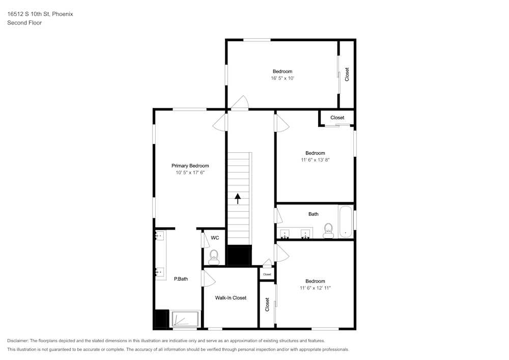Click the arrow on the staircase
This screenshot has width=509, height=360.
[238, 198]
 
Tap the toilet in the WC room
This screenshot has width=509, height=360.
[214, 256]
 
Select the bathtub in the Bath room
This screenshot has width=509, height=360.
[346, 221]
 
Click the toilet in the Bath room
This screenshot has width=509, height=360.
[328, 230]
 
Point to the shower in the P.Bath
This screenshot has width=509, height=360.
[185, 319]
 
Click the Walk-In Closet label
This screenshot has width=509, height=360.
[231, 298]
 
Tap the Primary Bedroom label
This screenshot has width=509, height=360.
[190, 165]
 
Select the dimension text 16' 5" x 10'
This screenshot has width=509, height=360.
[282, 78]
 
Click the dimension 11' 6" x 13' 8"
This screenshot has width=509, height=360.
[315, 160]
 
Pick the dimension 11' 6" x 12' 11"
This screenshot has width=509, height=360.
[315, 288]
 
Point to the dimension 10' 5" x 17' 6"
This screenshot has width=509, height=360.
[190, 173]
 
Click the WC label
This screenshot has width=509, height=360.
[215, 238]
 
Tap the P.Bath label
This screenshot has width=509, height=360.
[181, 279]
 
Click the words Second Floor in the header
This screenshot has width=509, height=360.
[24, 23]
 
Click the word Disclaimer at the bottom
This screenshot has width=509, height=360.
[18, 341]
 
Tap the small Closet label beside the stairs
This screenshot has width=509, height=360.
[267, 274]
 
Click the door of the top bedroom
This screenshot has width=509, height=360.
[239, 104]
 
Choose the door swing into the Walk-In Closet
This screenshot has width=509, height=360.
[208, 278]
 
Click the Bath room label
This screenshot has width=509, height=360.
[314, 214]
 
